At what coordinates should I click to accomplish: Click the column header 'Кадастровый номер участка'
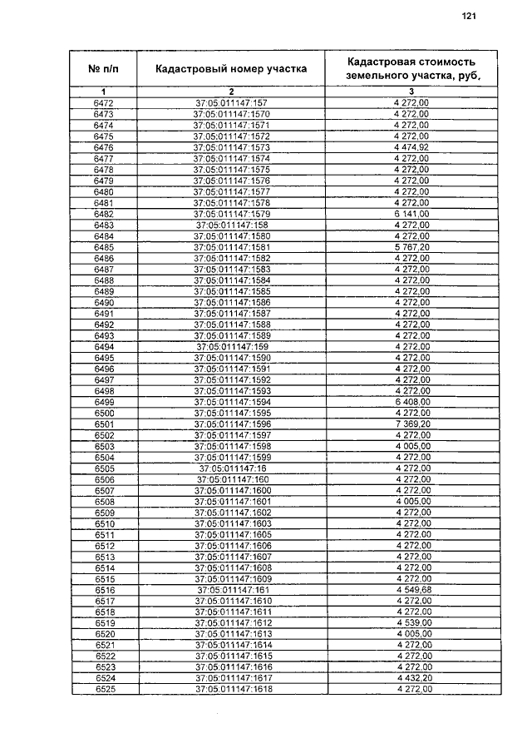[x=232, y=69]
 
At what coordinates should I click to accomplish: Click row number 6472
[x=104, y=103]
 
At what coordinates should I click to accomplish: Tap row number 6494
[x=104, y=346]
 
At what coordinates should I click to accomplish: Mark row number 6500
[x=104, y=413]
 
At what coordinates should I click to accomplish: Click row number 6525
[x=104, y=690]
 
